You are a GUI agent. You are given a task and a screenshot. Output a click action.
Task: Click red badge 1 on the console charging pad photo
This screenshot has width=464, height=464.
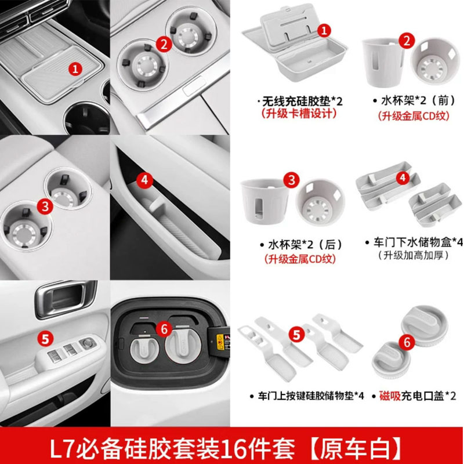pos(74,68)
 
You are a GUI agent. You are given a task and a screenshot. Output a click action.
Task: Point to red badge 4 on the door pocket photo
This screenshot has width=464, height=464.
pos(145,180)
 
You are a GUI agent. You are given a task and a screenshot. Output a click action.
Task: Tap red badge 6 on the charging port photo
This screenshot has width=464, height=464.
pos(164,329)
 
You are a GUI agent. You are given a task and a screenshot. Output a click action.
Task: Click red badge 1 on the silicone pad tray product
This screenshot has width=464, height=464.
pos(325,30)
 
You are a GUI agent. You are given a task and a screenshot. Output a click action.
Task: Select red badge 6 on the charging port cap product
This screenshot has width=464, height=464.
pos(407,342)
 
